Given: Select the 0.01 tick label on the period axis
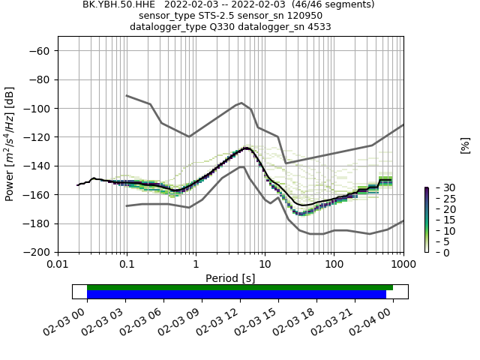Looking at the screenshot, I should pyautogui.click(x=58, y=265).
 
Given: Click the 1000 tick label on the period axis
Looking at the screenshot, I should pyautogui.click(x=403, y=265).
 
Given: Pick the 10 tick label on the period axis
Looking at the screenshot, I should pyautogui.click(x=265, y=265).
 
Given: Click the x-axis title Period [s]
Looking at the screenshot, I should pyautogui.click(x=230, y=278).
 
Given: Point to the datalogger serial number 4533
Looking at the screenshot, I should pyautogui.click(x=317, y=26).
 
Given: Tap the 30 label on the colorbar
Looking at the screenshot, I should pyautogui.click(x=438, y=187).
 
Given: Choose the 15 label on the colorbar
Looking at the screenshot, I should pyautogui.click(x=438, y=220).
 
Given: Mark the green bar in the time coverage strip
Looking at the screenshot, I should pyautogui.click(x=240, y=287).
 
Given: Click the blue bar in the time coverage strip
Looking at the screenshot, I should pyautogui.click(x=236, y=295).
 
